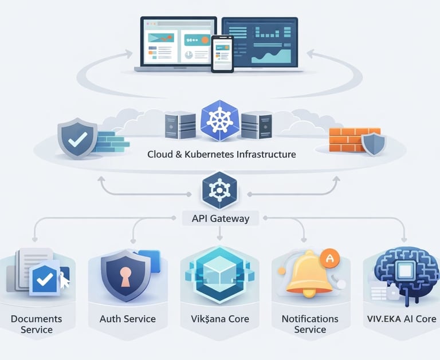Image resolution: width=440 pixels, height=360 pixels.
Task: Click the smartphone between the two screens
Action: click(x=222, y=54)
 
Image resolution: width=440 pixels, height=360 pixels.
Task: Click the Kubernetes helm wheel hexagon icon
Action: click(x=219, y=120)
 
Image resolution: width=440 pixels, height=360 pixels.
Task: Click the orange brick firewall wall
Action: click(x=347, y=139)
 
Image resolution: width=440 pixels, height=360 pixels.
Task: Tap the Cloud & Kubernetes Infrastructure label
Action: click(x=221, y=155)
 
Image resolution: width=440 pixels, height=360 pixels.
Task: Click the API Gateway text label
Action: click(x=219, y=218)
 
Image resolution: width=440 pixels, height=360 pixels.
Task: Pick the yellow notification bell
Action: click(x=309, y=275)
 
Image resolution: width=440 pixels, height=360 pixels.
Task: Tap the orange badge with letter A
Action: click(x=329, y=258)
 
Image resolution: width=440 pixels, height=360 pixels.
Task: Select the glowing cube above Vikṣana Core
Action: click(x=219, y=274)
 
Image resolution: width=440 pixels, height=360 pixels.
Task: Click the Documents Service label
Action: click(x=37, y=324)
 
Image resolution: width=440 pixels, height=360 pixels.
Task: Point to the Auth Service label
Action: click(x=127, y=319)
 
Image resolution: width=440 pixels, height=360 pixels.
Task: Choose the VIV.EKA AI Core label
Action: click(x=400, y=319)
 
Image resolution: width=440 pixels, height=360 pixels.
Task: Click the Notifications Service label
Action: click(x=310, y=324)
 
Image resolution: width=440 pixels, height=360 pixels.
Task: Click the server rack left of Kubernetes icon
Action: click(x=176, y=126)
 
